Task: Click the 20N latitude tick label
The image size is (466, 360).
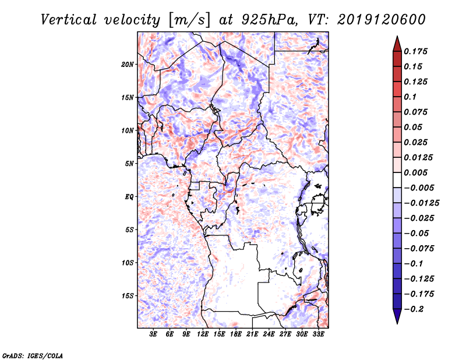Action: pos(128,64)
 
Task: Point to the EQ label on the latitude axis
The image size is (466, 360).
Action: pos(129,197)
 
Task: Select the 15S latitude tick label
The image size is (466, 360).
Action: pos(128,296)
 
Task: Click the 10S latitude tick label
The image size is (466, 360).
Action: pos(128,263)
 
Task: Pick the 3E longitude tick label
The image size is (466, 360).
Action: pos(154,335)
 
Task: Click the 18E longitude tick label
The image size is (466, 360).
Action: pos(236,335)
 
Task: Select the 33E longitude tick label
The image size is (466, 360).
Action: pos(318,335)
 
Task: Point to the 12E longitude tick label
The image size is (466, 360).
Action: pos(203,335)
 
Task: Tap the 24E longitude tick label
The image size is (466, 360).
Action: pos(269,335)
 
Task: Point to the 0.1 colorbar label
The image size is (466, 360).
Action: pos(412,97)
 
